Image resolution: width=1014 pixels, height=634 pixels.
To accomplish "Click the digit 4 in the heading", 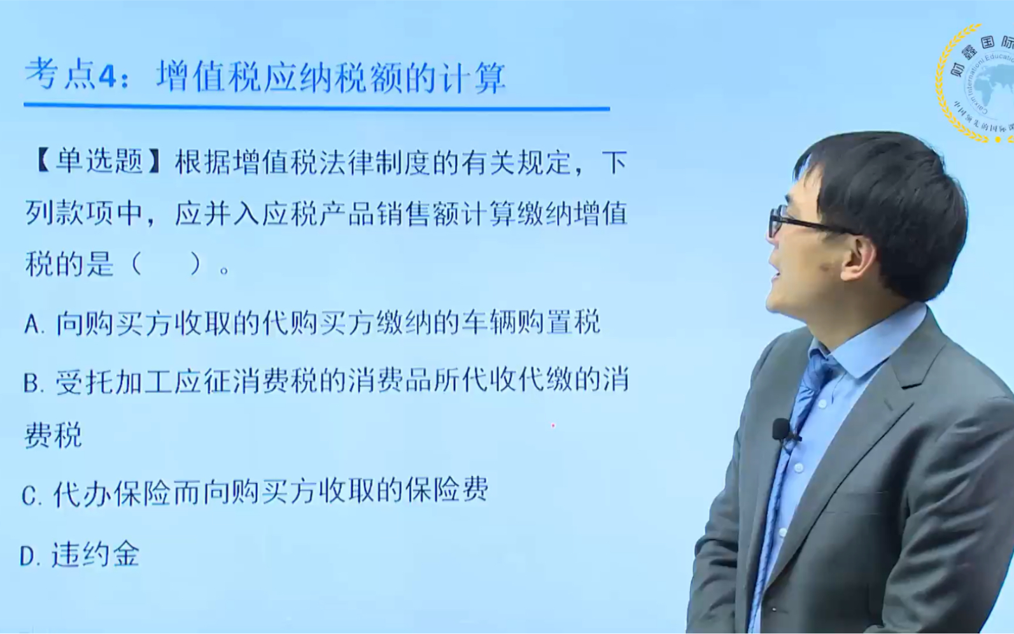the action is coord(108,76).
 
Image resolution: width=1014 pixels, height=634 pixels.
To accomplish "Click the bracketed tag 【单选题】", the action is coord(98,162).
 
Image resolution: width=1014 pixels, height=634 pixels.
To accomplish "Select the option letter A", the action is coord(32,324).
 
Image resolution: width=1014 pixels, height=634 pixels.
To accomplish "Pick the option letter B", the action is coord(32,383).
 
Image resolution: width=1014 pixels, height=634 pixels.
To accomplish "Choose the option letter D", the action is coord(29,556).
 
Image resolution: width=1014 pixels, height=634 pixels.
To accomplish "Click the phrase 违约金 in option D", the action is coord(95,554).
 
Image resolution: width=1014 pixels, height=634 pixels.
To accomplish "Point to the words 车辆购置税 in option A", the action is coord(531,322).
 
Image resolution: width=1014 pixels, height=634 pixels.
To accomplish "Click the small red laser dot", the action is coord(553,426).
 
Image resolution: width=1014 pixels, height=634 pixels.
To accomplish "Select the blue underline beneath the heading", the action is coord(317,108).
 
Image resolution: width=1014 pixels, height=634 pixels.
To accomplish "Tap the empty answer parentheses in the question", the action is coord(166,264).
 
